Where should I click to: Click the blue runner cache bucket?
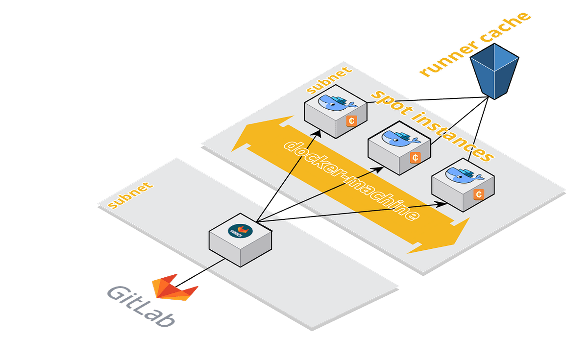pyautogui.click(x=494, y=72)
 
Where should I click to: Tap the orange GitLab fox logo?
pyautogui.click(x=175, y=288)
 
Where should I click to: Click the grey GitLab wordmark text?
pyautogui.click(x=141, y=307)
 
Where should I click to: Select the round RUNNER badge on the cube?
pyautogui.click(x=240, y=231)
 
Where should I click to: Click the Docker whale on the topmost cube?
pyautogui.click(x=337, y=102)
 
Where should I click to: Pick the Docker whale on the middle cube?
pyautogui.click(x=401, y=139)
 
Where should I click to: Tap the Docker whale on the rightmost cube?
pyautogui.click(x=465, y=175)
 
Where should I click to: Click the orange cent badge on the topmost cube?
pyautogui.click(x=351, y=121)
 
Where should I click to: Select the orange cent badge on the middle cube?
pyautogui.click(x=415, y=157)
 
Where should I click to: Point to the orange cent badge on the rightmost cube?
pyautogui.click(x=479, y=194)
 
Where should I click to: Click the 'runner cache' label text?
pyautogui.click(x=475, y=44)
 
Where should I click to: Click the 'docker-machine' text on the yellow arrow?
pyautogui.click(x=351, y=181)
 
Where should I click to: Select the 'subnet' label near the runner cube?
pyautogui.click(x=130, y=195)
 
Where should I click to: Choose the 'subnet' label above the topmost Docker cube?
pyautogui.click(x=329, y=80)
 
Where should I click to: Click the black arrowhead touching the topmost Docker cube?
pyautogui.click(x=317, y=134)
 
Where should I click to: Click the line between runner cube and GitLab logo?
pyautogui.click(x=200, y=273)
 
